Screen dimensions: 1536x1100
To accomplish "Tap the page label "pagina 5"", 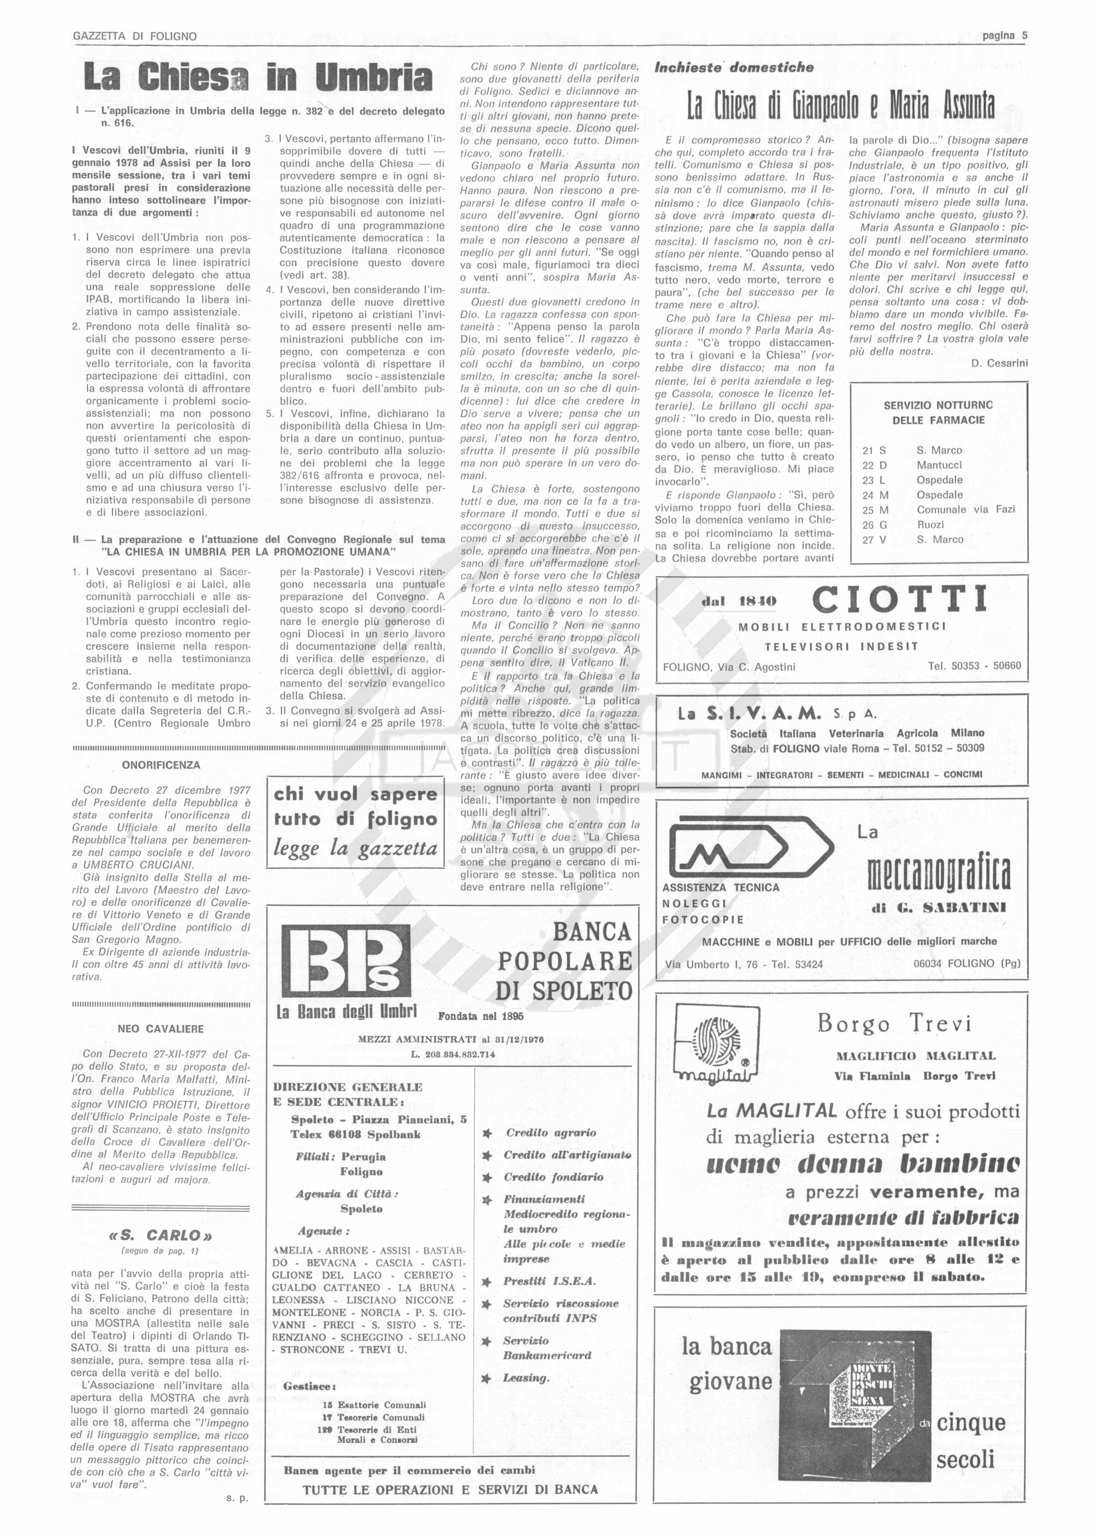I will (1005, 36).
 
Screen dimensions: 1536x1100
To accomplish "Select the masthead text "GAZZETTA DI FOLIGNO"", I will (135, 37).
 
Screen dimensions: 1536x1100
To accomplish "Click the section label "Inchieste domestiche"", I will (734, 67).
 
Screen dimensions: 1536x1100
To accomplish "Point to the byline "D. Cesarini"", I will (999, 363).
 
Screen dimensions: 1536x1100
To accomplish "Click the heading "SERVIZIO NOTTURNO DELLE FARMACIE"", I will (938, 412).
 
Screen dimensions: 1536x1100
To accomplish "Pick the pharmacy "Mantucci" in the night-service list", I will (939, 465).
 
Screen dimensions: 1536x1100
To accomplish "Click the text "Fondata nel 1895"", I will (481, 1016).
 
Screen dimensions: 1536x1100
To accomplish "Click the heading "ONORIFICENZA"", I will (161, 765).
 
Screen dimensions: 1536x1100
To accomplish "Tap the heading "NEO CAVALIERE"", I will (161, 1029).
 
